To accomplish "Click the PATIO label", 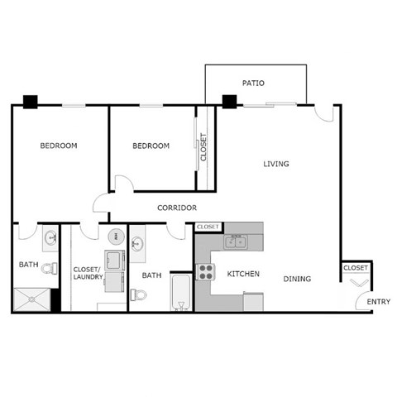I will pos(253,84).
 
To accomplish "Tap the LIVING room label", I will pos(276,164).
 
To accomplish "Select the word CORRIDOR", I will pos(176,208).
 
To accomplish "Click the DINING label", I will pos(297,279).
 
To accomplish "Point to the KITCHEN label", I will pos(244,274).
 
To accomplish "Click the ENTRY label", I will pos(379,301).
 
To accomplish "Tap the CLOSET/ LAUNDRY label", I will pos(88,273).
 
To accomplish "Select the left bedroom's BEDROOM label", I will pos(59,146).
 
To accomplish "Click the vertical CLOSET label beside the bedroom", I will pos(204,148).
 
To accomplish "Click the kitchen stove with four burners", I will pos(205,272).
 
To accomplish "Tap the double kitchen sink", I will pos(237,242).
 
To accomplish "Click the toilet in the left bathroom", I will pos(50,267).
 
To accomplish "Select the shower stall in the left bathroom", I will pos(31,299).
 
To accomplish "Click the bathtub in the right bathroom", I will pos(180,294).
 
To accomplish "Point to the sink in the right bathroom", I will pos(137,243).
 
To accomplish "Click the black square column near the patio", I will pos(229,102).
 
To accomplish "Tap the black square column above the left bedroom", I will pos(31,102).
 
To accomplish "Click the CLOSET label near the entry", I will pos(356,268).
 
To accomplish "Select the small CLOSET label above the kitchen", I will pos(208,227).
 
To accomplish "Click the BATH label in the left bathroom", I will pos(29,265).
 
